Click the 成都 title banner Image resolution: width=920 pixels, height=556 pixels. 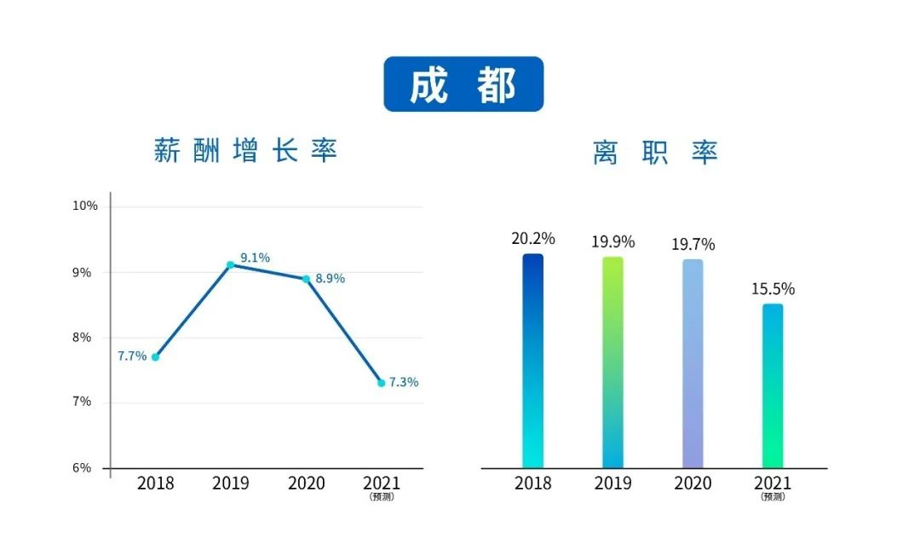[463, 84]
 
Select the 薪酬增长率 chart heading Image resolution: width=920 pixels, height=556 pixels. [245, 151]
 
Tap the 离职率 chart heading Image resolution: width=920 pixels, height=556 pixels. [655, 153]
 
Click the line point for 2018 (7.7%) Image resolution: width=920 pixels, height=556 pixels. [155, 356]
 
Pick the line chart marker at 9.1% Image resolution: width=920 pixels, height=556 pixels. [230, 264]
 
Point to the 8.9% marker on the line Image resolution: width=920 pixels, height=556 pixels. [306, 279]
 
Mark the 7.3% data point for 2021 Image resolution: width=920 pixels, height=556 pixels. [382, 383]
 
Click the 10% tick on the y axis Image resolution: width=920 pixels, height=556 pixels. [85, 206]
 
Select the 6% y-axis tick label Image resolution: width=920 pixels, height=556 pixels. [83, 467]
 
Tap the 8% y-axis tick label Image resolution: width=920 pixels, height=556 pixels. [83, 337]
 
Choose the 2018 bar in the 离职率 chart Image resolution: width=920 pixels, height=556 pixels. [532, 361]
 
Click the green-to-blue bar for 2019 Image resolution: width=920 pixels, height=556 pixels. [612, 362]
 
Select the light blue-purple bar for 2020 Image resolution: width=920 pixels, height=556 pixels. [693, 363]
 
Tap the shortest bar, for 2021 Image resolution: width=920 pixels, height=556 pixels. [773, 385]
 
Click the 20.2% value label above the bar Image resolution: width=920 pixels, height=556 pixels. [533, 239]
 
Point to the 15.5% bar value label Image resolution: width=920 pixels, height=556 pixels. [773, 289]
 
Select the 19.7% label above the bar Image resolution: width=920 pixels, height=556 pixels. [693, 245]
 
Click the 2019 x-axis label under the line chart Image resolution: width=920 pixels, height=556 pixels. [231, 484]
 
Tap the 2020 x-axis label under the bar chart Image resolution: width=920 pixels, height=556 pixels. [693, 484]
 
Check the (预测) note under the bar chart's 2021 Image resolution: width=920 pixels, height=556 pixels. [773, 497]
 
